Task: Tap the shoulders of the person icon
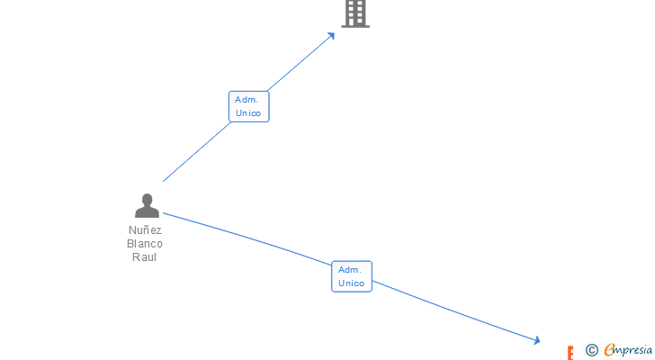point(147,212)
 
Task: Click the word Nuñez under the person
point(145,229)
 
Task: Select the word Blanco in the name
point(145,243)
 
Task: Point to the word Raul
point(145,256)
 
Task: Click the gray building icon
point(355,13)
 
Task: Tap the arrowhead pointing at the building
point(332,35)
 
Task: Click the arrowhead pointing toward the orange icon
point(536,340)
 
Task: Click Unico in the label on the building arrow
point(248,113)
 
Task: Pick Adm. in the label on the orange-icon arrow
point(350,269)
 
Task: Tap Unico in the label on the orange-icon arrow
point(352,283)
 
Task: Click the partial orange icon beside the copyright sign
point(570,353)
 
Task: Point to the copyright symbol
point(592,350)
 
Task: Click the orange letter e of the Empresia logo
point(609,350)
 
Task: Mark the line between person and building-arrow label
point(196,151)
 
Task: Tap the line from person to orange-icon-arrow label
point(247,238)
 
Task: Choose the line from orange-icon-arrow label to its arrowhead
point(454,310)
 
